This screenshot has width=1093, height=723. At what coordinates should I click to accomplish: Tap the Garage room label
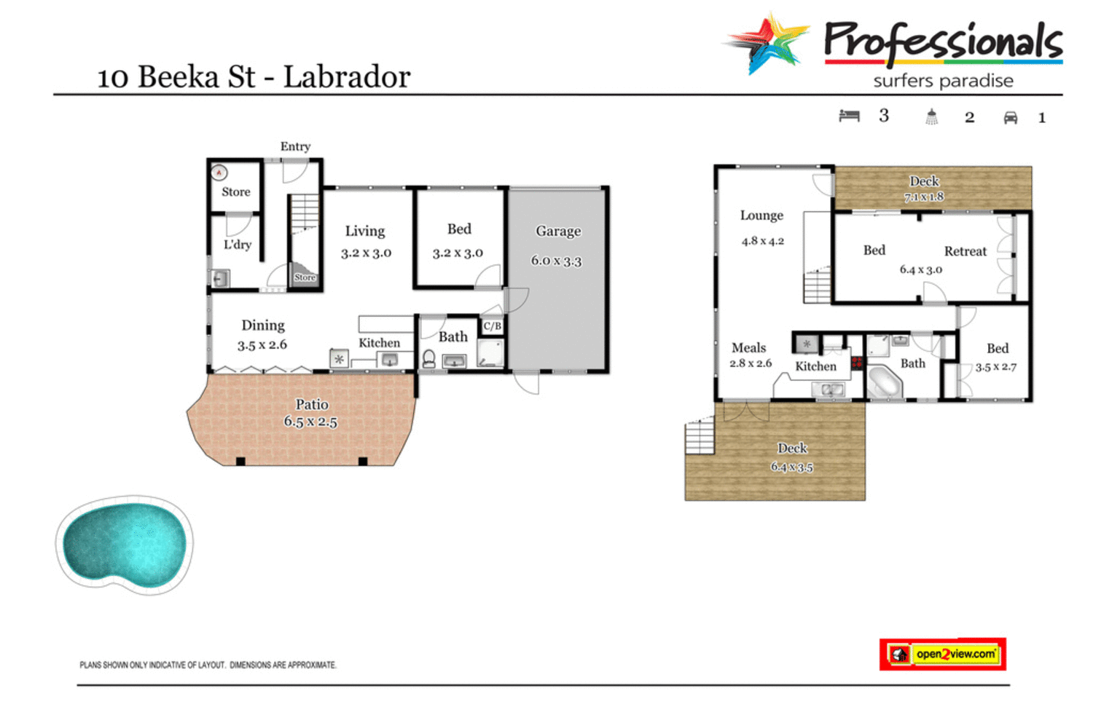click(x=558, y=232)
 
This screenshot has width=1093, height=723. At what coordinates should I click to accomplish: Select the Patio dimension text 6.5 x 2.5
click(x=310, y=422)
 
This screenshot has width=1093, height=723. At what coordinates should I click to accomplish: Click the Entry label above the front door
click(x=295, y=146)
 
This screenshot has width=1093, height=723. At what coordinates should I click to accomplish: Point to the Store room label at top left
click(x=235, y=192)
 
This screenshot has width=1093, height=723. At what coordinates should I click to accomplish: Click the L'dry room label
click(x=238, y=245)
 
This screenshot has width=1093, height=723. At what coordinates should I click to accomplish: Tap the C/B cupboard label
click(x=493, y=326)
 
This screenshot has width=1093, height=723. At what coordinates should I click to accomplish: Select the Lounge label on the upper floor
click(x=761, y=216)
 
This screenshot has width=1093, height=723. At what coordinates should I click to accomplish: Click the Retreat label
click(x=965, y=251)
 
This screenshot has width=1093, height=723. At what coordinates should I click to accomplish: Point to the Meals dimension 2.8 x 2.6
click(x=751, y=363)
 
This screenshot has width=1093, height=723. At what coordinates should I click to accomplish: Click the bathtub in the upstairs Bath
click(x=885, y=382)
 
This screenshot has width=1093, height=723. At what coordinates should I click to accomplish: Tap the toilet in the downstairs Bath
click(x=429, y=359)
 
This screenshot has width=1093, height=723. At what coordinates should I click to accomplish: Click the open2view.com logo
click(x=943, y=654)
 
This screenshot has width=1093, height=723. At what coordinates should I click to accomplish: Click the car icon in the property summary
click(x=1010, y=118)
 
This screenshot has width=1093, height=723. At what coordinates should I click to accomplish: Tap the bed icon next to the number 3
click(x=849, y=116)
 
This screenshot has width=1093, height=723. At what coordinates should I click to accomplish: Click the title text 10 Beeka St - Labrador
click(x=254, y=77)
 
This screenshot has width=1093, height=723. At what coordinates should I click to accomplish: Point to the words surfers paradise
click(x=943, y=81)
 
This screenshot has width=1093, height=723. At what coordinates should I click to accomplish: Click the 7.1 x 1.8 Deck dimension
click(x=924, y=197)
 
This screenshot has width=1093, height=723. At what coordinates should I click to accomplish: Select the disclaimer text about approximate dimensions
click(x=208, y=665)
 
